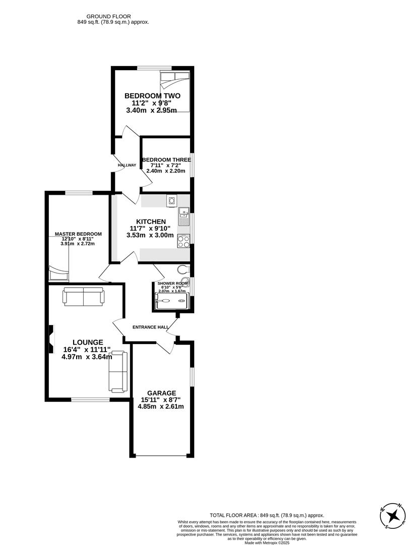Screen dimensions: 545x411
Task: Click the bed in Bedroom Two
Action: (174, 91)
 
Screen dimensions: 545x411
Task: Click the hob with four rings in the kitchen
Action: (184, 241)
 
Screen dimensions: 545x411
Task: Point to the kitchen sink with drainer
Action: (184, 217)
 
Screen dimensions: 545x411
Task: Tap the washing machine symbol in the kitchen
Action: (172, 201)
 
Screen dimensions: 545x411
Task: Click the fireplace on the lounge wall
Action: (50, 339)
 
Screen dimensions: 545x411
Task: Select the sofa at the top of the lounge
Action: (83, 296)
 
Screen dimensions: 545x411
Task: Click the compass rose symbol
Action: (393, 515)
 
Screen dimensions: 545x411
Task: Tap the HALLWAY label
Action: (127, 165)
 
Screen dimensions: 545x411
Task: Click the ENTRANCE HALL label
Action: (150, 327)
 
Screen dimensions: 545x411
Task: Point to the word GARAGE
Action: (161, 393)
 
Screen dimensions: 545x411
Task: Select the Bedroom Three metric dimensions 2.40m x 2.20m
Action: (166, 171)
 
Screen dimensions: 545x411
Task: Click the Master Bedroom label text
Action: (78, 234)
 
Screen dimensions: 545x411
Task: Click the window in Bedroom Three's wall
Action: (191, 164)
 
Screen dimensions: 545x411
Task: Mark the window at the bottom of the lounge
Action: (90, 400)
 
